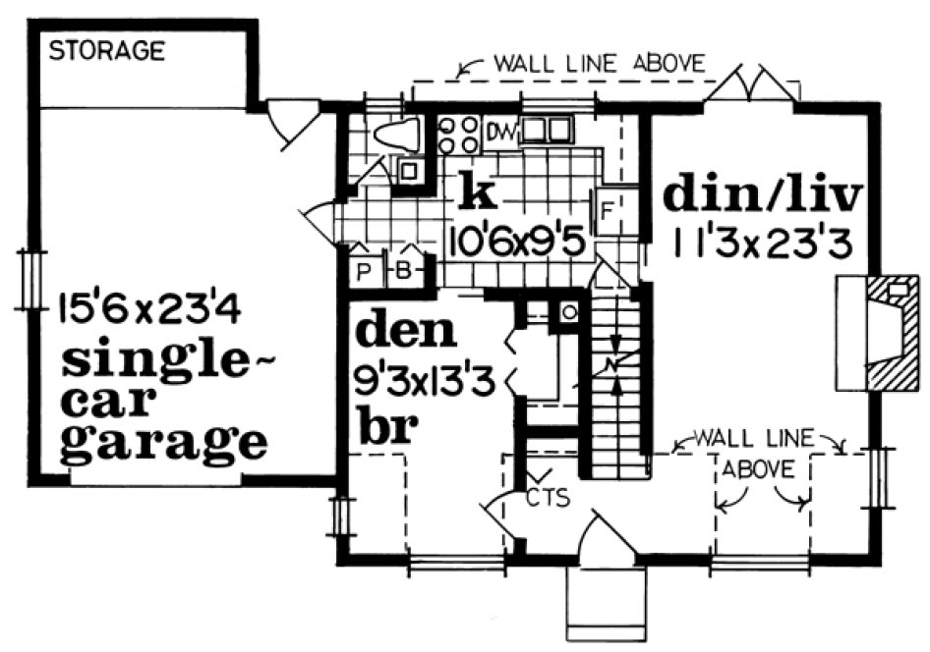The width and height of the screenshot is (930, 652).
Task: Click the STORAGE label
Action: [107, 51]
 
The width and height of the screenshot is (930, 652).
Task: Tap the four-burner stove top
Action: [458, 136]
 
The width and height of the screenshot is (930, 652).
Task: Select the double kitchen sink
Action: [547, 132]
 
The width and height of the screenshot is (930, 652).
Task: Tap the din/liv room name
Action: [763, 195]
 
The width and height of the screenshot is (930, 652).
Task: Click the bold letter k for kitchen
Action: [478, 193]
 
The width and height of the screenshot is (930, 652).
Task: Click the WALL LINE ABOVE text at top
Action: [599, 65]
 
